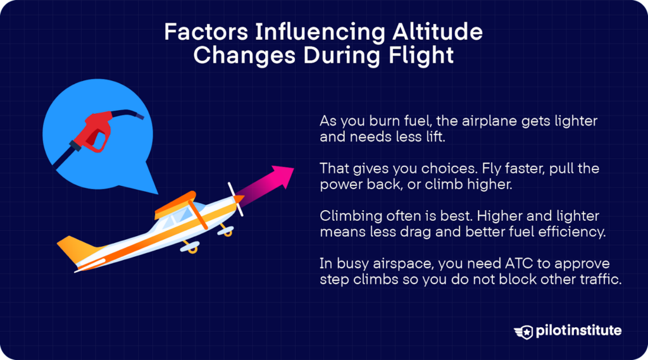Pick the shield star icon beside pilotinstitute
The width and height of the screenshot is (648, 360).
coord(525,331)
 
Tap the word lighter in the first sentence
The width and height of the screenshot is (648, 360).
coord(574,120)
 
